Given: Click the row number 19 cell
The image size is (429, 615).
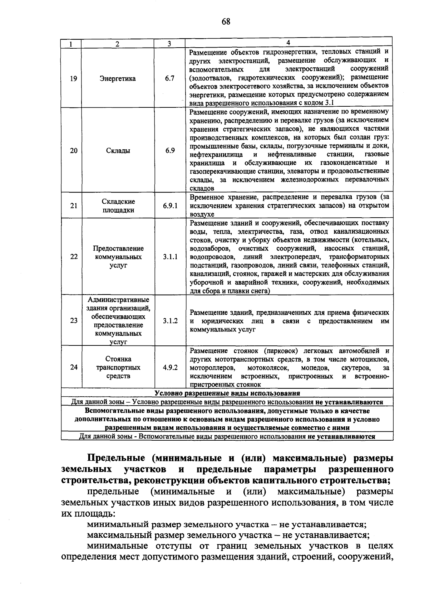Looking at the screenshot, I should pyautogui.click(x=73, y=78).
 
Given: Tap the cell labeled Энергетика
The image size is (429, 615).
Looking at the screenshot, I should pyautogui.click(x=118, y=78).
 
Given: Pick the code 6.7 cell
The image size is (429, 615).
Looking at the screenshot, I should pyautogui.click(x=170, y=78).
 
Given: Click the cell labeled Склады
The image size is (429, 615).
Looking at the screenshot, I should pyautogui.click(x=118, y=151).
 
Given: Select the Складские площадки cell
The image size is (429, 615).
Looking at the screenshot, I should pyautogui.click(x=118, y=206).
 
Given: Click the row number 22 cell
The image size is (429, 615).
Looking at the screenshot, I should pyautogui.click(x=74, y=257).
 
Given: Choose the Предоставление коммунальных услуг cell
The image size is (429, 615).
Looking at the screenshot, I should pyautogui.click(x=118, y=257).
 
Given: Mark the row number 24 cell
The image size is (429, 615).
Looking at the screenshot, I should pyautogui.click(x=74, y=367).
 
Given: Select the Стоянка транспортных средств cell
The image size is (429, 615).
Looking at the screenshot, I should pyautogui.click(x=118, y=367).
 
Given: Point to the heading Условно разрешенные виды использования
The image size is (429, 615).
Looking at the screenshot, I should pyautogui.click(x=227, y=393).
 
